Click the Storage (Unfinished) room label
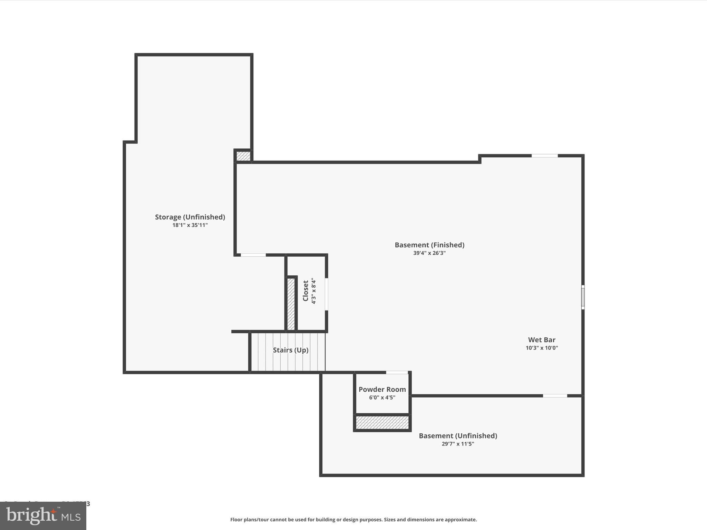190,217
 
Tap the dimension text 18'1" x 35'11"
190,225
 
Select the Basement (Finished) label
429,245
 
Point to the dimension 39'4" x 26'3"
429,253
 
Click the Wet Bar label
542,340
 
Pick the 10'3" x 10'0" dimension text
542,348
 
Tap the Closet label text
306,291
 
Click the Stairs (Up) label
290,350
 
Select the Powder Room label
382,390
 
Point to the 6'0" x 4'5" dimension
382,397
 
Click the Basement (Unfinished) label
458,436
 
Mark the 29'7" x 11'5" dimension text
458,444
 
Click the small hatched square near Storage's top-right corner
243,156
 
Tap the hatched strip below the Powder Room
382,422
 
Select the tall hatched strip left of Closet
291,304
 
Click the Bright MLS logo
43,516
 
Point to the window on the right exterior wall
583,297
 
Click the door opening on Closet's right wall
326,294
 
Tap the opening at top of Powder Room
397,372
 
